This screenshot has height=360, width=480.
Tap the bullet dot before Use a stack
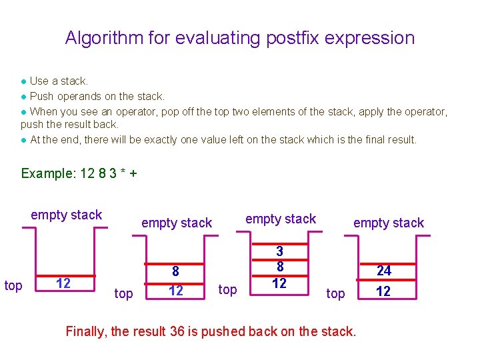[24, 81]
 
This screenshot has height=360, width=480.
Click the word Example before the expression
[48, 173]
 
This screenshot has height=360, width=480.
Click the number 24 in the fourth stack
[384, 271]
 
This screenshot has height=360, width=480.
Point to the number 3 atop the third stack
[279, 251]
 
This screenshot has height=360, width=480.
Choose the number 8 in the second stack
[175, 271]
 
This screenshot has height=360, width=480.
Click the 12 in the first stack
[63, 283]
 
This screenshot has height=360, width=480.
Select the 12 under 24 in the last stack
[384, 292]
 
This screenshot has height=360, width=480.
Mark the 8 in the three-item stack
[279, 267]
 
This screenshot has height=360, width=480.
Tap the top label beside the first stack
[13, 286]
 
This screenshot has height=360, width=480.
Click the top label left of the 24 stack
[335, 294]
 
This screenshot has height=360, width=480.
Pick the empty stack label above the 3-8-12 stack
[281, 219]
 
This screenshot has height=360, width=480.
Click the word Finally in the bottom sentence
[86, 331]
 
